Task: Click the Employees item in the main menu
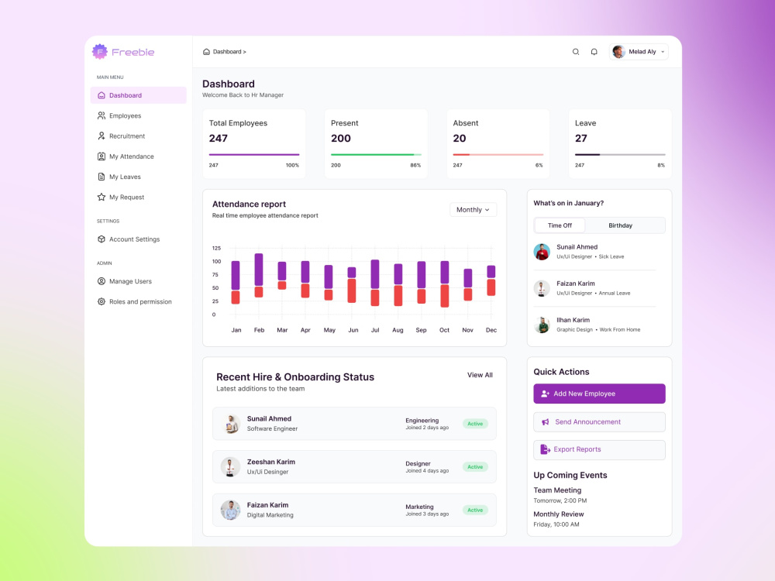tap(119, 115)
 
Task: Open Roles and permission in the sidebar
tap(134, 301)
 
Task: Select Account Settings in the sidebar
tap(129, 239)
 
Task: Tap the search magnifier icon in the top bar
tap(576, 52)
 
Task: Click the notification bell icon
tap(594, 52)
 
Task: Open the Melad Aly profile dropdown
tap(639, 52)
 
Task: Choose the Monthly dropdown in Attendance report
tap(473, 210)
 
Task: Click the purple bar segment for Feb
tap(259, 270)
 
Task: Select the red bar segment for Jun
tap(352, 291)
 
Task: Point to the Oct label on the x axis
tap(444, 330)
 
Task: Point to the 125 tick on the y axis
tap(216, 248)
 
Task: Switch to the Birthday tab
tap(620, 225)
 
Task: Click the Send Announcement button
tap(599, 422)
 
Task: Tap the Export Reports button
tap(599, 449)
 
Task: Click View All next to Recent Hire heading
tap(480, 375)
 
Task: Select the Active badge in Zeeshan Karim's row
tap(475, 467)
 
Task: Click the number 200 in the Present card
tap(340, 139)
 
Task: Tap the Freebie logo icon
tap(100, 51)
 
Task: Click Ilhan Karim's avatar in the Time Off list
tap(542, 325)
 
